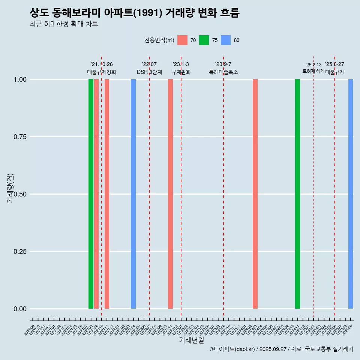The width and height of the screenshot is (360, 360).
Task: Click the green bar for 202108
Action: (x=91, y=194)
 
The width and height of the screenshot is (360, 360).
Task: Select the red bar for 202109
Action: (x=96, y=194)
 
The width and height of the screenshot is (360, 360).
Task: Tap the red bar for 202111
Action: (x=107, y=194)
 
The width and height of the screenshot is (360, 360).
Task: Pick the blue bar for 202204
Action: (x=133, y=194)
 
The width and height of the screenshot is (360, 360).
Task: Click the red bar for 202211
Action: (x=170, y=194)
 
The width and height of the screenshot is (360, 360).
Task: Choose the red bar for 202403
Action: (x=255, y=194)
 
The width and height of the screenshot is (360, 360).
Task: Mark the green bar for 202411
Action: (x=297, y=194)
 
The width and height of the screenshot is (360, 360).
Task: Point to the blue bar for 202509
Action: (x=351, y=194)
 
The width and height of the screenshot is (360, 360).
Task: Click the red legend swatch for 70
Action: (x=182, y=40)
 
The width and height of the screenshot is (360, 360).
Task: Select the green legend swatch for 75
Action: (x=204, y=40)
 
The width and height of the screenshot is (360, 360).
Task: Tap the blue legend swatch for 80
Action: (x=226, y=40)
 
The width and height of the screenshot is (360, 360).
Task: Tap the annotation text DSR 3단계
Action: (x=149, y=72)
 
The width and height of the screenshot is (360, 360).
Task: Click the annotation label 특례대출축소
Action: (x=223, y=72)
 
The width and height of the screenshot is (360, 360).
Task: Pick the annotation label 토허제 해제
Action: (x=313, y=71)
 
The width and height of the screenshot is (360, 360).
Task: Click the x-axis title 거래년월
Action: (x=192, y=340)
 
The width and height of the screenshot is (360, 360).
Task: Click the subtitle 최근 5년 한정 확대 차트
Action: (x=64, y=24)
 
